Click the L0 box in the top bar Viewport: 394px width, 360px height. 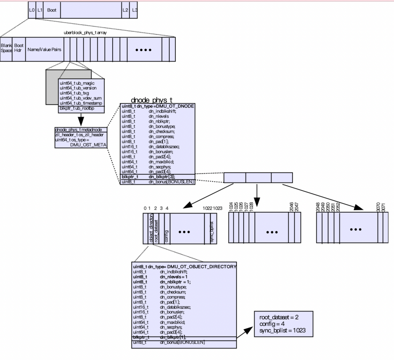pos(32,10)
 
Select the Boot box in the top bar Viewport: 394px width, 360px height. pos(52,10)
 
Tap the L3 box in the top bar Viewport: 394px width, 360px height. pos(134,10)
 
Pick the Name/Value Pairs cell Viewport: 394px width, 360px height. pos(44,50)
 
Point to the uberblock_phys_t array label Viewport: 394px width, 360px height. pos(85,33)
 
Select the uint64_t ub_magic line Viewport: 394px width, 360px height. pos(77,83)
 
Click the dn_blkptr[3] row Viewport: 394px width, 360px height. pos(157,177)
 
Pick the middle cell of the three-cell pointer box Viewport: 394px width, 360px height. pos(258,177)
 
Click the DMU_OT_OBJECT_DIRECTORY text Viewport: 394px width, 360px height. pos(202,267)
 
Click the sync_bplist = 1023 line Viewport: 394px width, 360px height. pos(283,330)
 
